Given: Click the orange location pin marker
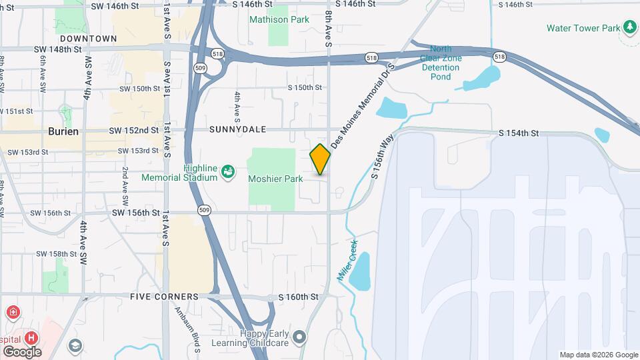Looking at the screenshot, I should click(x=320, y=159).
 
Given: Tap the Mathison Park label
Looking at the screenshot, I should click(x=279, y=19).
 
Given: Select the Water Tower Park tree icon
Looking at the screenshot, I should click(x=629, y=27).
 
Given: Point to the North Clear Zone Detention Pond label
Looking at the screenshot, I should click(x=440, y=63).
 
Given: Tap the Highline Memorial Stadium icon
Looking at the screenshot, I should click(x=228, y=171).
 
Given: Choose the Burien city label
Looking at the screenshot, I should click(x=63, y=131).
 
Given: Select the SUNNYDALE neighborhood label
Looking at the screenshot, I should click(x=237, y=129).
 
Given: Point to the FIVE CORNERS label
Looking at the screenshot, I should click(x=164, y=297).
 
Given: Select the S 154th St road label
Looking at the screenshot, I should click(x=519, y=133).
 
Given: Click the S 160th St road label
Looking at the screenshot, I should click(x=299, y=296).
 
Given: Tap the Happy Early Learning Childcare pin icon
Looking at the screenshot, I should click(x=299, y=337).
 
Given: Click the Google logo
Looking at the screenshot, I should click(x=22, y=352).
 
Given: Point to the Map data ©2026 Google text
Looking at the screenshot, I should click(x=599, y=355).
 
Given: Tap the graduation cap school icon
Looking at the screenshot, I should click(x=75, y=345).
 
